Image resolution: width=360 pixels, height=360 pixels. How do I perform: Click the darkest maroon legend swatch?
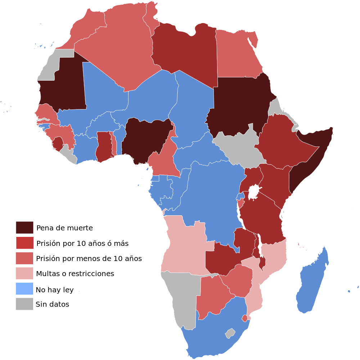(x=24, y=228)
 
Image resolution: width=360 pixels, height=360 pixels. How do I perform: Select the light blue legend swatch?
(x=24, y=288)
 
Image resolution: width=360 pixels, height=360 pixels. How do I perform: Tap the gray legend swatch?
(x=24, y=303)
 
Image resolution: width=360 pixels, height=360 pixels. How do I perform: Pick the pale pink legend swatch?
(x=24, y=273)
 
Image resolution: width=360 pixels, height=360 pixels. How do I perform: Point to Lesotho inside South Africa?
(x=230, y=333)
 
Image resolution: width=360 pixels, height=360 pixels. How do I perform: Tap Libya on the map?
(x=184, y=50)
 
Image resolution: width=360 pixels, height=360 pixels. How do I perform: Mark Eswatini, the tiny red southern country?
(x=245, y=318)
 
